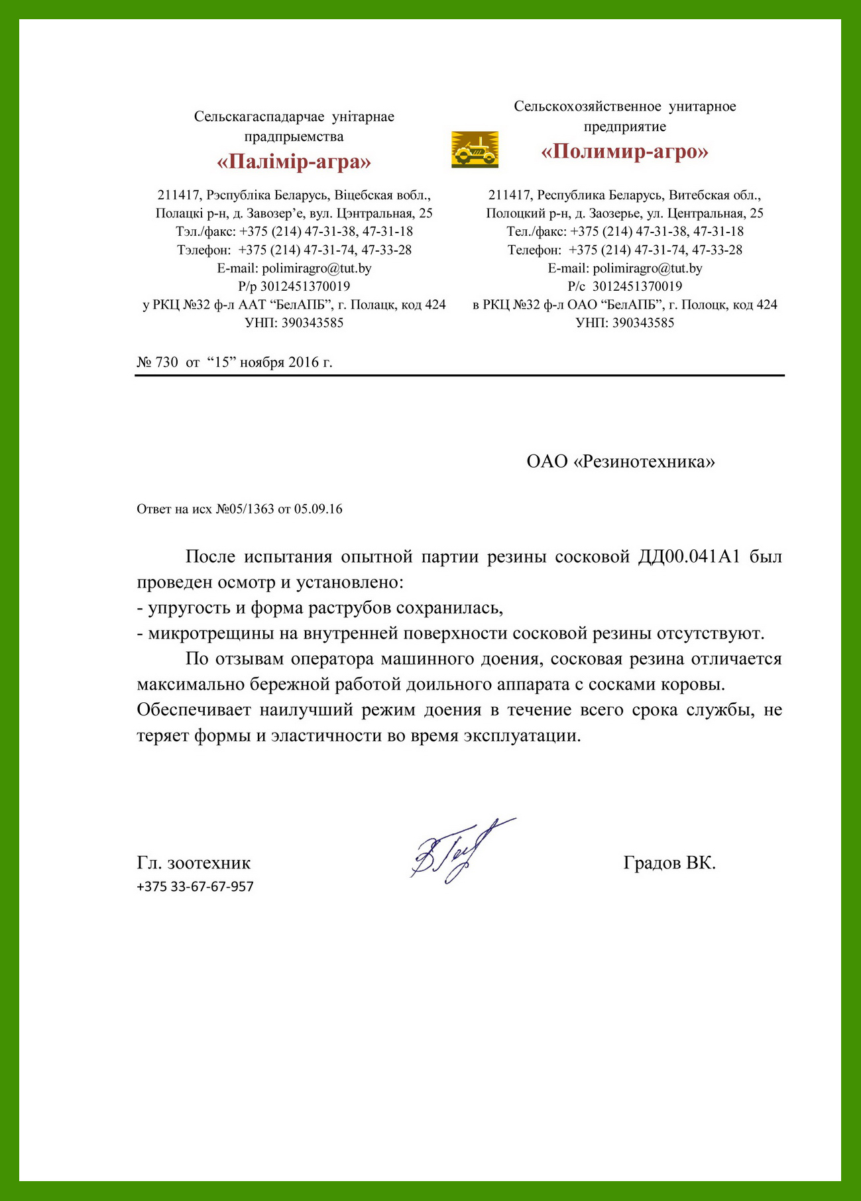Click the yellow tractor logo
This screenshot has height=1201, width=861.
(x=475, y=148)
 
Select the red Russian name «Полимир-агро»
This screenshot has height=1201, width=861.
(x=624, y=152)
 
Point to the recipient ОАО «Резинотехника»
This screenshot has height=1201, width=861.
(x=620, y=462)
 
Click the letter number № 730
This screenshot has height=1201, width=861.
(x=158, y=362)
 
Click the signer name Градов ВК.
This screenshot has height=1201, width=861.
(x=669, y=863)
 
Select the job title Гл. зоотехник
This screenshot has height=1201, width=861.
(x=194, y=863)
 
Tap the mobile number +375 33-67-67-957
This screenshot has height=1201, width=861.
(x=195, y=886)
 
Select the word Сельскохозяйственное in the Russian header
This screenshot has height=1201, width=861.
(x=588, y=107)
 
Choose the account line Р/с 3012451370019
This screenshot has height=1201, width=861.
(x=624, y=287)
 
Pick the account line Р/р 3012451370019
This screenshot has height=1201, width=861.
(x=294, y=287)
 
